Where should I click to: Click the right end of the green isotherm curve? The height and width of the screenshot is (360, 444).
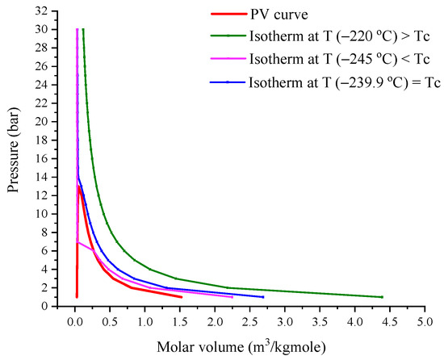[382, 297]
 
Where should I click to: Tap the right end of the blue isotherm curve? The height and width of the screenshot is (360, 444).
[263, 297]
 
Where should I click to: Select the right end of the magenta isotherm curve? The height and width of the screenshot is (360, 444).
[232, 297]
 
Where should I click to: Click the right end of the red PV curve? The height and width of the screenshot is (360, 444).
[182, 297]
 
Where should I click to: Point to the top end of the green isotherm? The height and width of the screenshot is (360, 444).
[82, 29]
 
